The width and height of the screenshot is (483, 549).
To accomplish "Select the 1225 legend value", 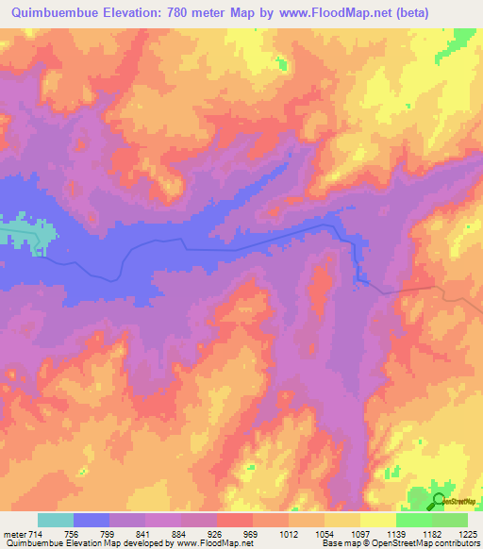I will tap(467, 535).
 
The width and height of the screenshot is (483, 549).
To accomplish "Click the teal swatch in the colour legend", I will tap(56, 520).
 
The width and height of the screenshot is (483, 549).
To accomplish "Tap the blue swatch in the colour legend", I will tap(92, 520).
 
